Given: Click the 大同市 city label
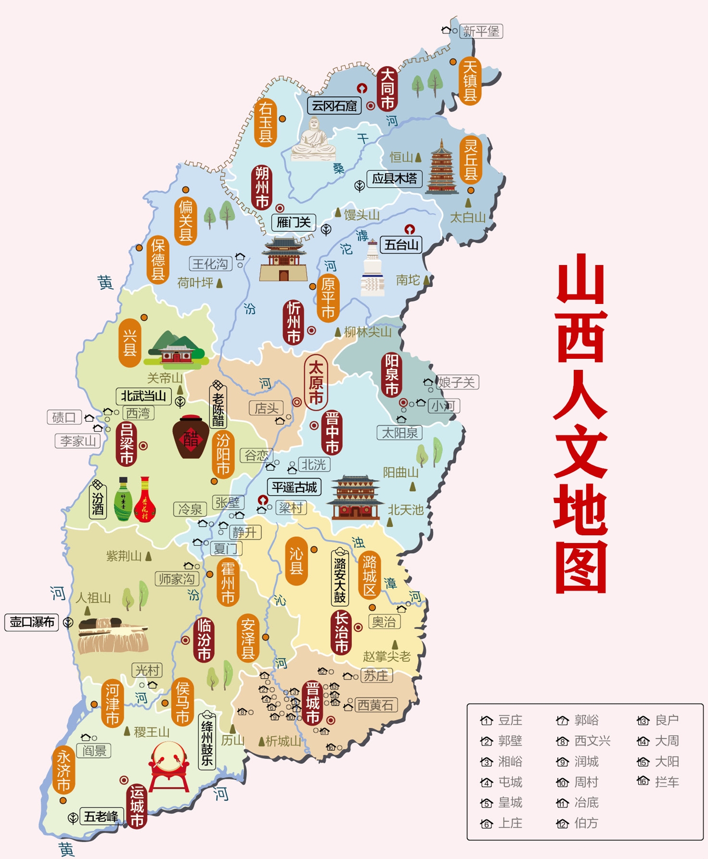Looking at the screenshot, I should (x=387, y=89).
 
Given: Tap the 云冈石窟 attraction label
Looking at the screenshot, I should (x=334, y=106).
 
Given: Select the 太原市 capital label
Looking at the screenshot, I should (x=316, y=382).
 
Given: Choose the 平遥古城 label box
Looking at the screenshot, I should (x=294, y=487).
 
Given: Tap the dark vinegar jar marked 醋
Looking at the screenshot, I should (x=191, y=437).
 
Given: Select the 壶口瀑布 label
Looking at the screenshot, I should (x=32, y=622).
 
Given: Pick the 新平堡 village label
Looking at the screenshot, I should (x=481, y=31).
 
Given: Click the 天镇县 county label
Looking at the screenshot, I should (x=470, y=81).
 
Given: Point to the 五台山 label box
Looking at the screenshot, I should (x=401, y=245).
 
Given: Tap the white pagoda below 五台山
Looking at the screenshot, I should (x=373, y=269).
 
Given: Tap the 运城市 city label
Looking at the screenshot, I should (x=137, y=807).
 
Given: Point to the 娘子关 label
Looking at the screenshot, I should (x=456, y=382).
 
